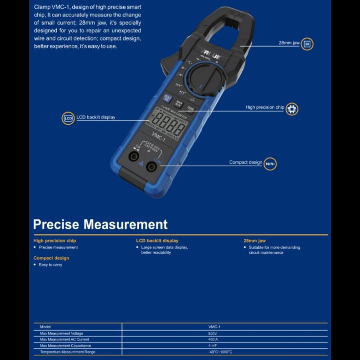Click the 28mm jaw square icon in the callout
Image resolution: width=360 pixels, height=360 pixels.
click(x=307, y=44)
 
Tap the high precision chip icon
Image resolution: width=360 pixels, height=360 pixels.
click(x=292, y=109)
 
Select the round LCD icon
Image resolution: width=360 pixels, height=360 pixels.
click(x=68, y=118)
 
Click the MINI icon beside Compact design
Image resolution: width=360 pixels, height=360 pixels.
click(x=270, y=164)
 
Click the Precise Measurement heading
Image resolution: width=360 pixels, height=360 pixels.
click(x=100, y=224)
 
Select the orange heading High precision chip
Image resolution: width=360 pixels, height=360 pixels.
click(x=55, y=241)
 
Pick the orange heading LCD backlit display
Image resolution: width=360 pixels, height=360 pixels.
click(x=157, y=241)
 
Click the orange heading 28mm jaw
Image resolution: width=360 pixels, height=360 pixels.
click(x=254, y=241)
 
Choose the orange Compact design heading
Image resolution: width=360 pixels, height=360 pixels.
click(x=51, y=258)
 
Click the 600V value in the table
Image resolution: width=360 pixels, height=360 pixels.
click(x=212, y=334)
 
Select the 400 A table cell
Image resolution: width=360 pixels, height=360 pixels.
click(x=212, y=340)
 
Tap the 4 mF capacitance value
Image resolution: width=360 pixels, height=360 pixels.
click(x=212, y=346)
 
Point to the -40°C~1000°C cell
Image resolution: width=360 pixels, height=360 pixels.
click(x=220, y=352)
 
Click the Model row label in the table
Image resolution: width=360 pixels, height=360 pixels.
click(x=46, y=327)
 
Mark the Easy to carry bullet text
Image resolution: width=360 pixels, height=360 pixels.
click(x=50, y=265)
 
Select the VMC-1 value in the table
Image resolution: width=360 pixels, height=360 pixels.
click(x=214, y=327)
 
